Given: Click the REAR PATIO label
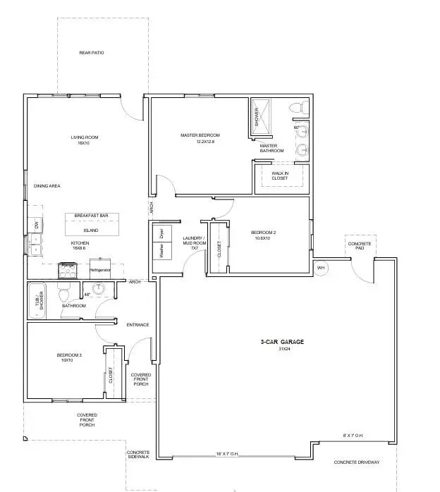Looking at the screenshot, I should pos(92,53).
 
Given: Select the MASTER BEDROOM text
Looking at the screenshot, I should pos(200,135).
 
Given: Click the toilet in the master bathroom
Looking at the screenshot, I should pos(301,108).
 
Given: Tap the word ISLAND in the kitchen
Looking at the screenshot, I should pos(91,230).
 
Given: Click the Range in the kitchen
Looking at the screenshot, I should pos(68,267).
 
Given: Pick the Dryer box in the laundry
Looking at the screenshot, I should pos(161,233).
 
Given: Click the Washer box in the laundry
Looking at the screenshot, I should pos(161,251).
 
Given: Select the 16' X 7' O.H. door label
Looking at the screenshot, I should pos(228,454).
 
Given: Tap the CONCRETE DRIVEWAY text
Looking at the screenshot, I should pos(357,462).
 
